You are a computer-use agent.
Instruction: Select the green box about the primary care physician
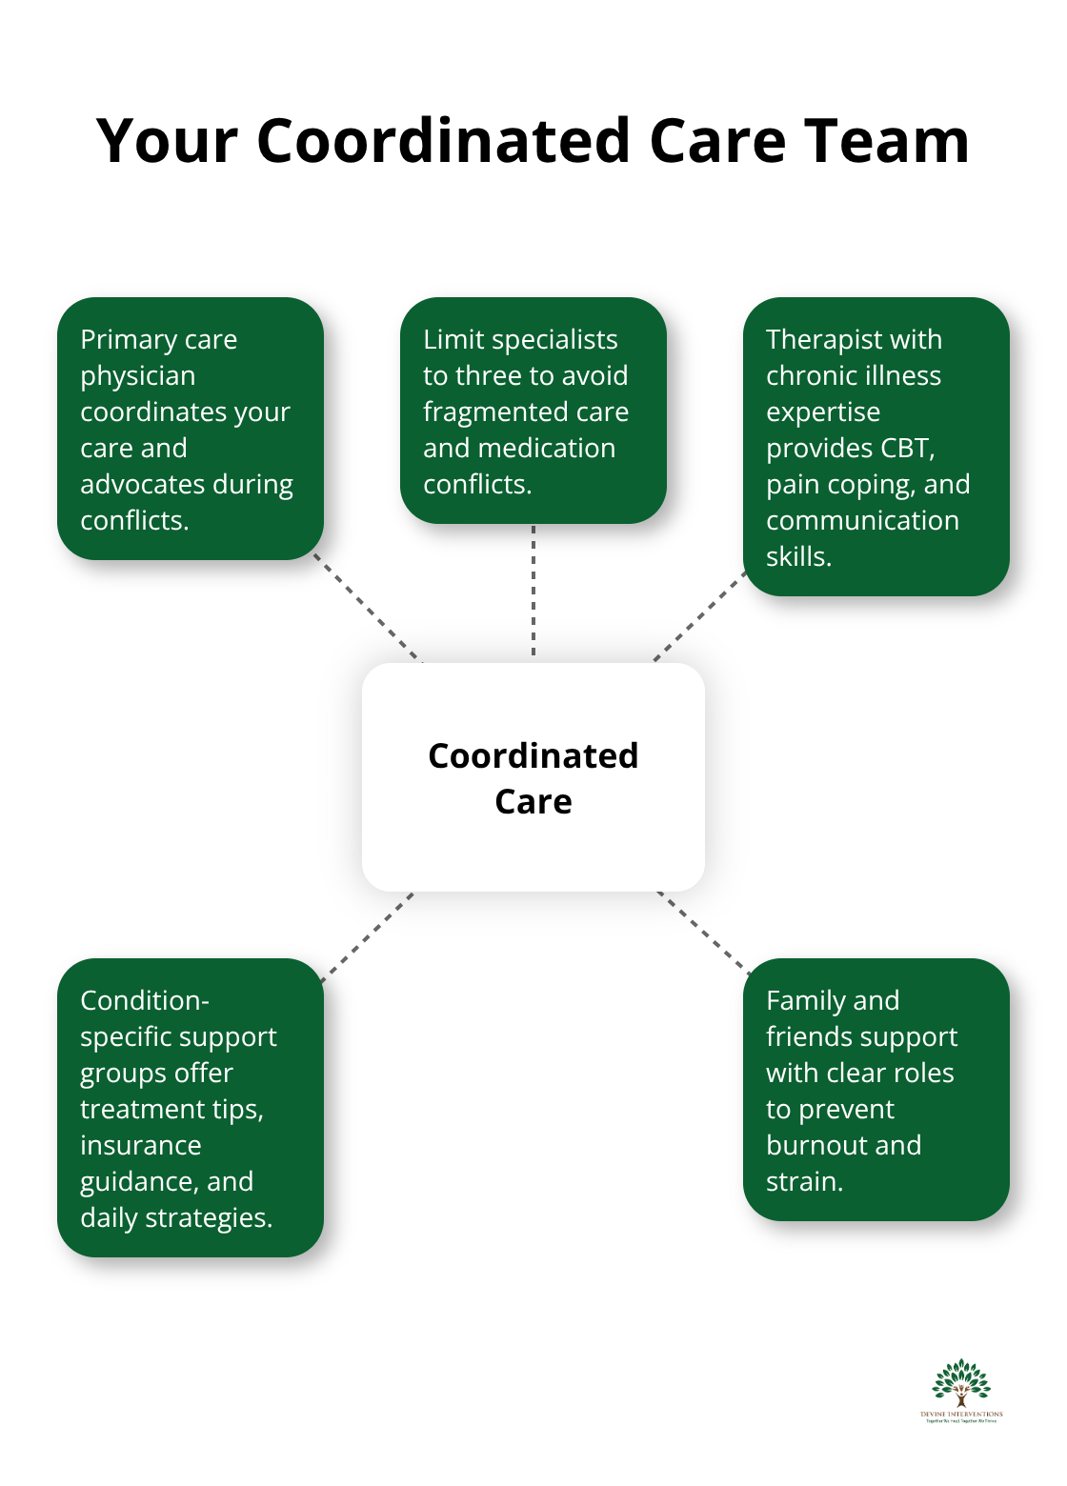point(191,429)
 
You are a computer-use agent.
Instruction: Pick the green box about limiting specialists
point(533,411)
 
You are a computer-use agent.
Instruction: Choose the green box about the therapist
point(876,447)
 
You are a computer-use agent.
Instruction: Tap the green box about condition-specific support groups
point(191,1108)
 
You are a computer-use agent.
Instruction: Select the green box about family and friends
point(876,1090)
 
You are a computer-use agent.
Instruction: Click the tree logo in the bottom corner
point(961,1386)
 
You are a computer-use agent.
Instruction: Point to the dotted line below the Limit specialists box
point(533,591)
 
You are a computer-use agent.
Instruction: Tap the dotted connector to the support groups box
point(368,936)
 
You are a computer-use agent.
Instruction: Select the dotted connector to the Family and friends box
point(703,933)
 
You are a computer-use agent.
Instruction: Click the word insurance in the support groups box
point(141,1145)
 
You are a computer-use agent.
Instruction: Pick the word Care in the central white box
point(533,802)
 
